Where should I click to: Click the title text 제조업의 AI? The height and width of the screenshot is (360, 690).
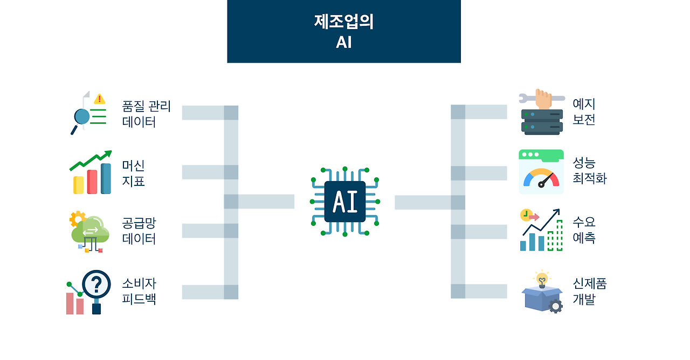click(344, 32)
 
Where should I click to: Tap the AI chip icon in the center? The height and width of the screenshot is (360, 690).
click(345, 202)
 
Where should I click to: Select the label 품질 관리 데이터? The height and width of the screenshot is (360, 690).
click(146, 114)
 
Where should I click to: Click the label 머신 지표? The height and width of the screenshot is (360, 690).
click(133, 173)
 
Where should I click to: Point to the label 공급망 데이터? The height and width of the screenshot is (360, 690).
click(139, 231)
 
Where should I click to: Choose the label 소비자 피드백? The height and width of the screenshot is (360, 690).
click(139, 291)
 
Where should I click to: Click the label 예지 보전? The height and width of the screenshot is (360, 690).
click(584, 112)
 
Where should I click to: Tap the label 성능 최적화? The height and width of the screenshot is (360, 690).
click(589, 171)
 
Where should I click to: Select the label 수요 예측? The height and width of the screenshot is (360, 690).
click(584, 230)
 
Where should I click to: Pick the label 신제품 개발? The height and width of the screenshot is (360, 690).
click(589, 292)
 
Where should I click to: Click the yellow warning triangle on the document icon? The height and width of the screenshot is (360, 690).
click(99, 99)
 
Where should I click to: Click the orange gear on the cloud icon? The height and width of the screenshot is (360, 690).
click(78, 218)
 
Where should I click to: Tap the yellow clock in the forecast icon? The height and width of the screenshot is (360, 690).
click(526, 215)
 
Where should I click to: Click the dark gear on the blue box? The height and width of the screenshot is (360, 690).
click(555, 306)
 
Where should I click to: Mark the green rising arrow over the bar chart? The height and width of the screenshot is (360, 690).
click(92, 158)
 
